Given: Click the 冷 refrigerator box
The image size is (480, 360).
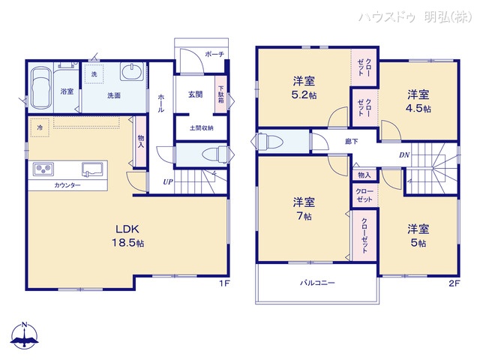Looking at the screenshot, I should (40, 127).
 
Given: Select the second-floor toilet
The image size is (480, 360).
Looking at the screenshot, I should (271, 141).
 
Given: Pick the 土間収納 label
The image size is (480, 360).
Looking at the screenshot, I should (200, 127).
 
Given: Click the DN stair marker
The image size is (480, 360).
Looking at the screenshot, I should (403, 155).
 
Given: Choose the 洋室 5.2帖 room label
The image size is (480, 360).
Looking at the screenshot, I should (304, 88).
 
